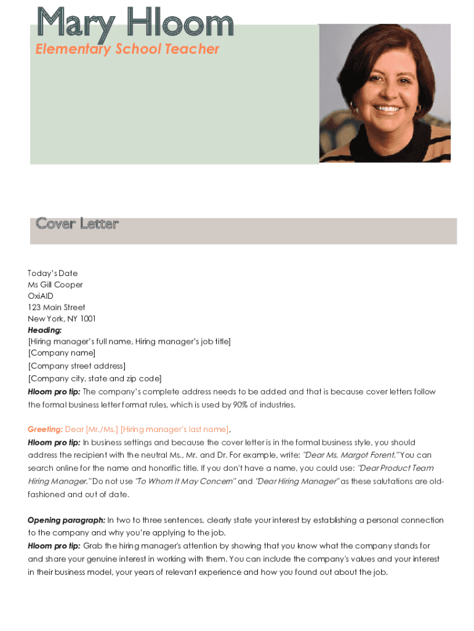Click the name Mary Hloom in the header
pyautogui.click(x=135, y=23)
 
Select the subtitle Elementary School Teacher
pyautogui.click(x=127, y=49)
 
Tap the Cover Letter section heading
pyautogui.click(x=77, y=224)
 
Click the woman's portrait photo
pyautogui.click(x=385, y=93)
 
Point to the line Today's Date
pyautogui.click(x=53, y=273)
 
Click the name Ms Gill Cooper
pyautogui.click(x=55, y=285)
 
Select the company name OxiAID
pyautogui.click(x=41, y=296)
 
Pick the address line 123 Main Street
pyautogui.click(x=57, y=307)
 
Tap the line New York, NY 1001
pyautogui.click(x=62, y=319)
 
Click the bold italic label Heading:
pyautogui.click(x=45, y=330)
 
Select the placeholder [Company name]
pyautogui.click(x=62, y=353)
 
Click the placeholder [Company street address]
pyautogui.click(x=76, y=366)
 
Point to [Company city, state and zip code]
pyautogui.click(x=95, y=378)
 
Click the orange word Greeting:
pyautogui.click(x=45, y=429)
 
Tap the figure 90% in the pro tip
pyautogui.click(x=241, y=405)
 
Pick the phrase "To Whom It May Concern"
pyautogui.click(x=185, y=481)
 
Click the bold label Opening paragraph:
pyautogui.click(x=66, y=520)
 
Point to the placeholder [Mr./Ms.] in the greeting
pyautogui.click(x=102, y=429)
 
